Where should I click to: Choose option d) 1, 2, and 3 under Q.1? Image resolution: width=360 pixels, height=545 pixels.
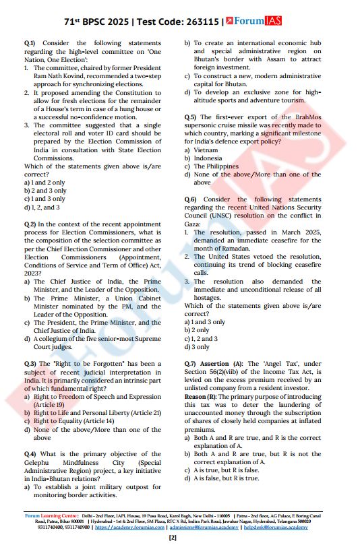[x=46, y=207]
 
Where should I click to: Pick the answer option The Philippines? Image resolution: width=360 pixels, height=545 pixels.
[x=216, y=166]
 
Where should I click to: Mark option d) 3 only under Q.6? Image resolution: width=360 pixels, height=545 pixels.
[x=200, y=347]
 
